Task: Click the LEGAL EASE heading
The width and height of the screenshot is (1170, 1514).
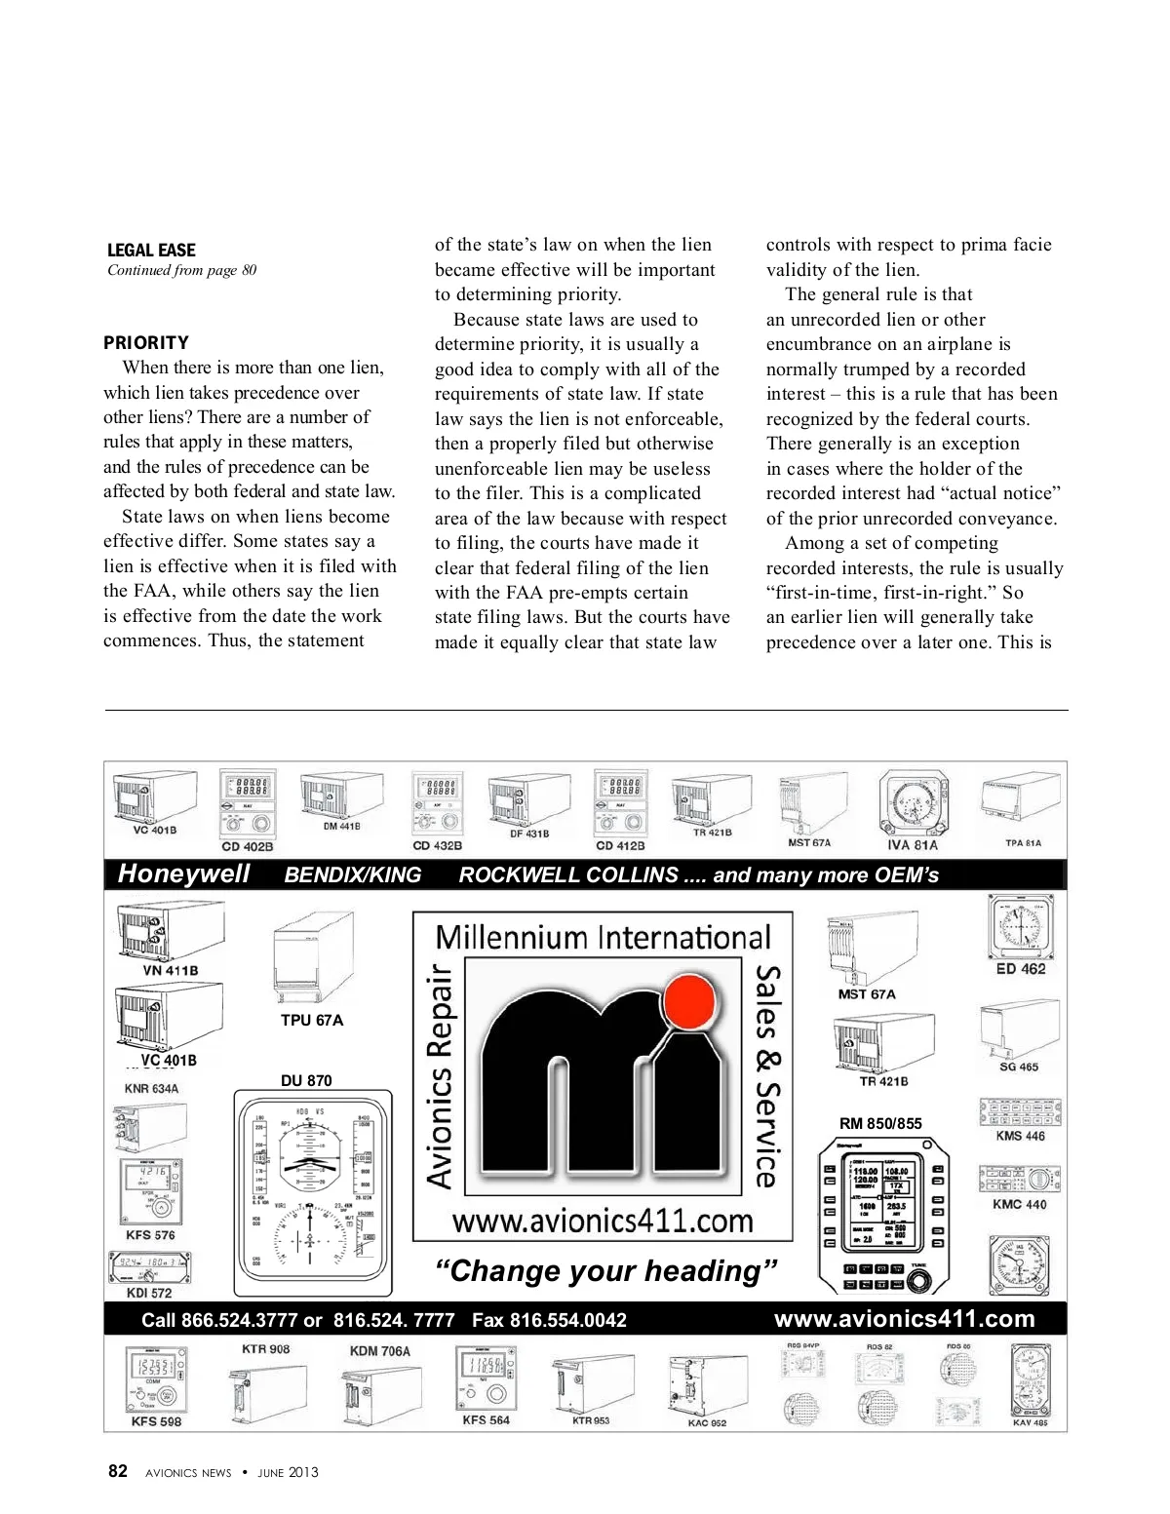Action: [151, 251]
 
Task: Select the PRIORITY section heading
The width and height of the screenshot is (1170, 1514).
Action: [146, 343]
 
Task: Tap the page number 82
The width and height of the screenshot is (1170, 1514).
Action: [118, 1471]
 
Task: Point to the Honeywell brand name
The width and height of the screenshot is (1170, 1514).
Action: [183, 873]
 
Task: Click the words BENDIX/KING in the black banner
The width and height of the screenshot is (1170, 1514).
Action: [353, 874]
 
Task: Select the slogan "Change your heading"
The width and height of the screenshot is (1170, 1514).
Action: [605, 1271]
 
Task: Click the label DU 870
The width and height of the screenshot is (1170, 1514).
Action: [306, 1080]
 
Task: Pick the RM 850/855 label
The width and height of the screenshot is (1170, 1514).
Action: [880, 1123]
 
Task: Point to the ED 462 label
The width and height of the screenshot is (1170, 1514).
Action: [1021, 969]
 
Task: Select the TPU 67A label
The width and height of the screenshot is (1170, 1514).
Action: [312, 1020]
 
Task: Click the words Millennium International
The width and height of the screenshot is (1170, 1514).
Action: [603, 937]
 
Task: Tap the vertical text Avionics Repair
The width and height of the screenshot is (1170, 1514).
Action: [441, 1076]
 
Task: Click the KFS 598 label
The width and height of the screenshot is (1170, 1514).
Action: [156, 1421]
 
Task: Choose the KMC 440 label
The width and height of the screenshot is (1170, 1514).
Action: [1020, 1204]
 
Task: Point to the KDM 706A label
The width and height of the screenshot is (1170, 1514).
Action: [380, 1351]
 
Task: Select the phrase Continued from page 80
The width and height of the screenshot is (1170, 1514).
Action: [182, 270]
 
